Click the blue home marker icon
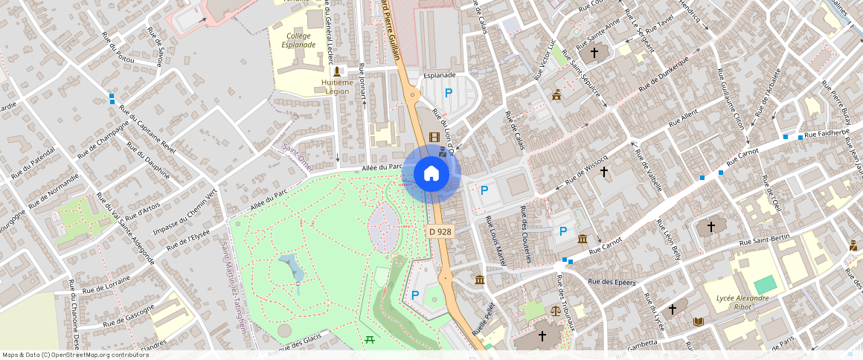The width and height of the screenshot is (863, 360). coord(431,174)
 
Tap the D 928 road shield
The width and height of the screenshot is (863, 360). coord(440,231)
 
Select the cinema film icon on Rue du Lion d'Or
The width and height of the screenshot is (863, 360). coord(434,137)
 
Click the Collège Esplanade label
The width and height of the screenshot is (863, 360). coord(298,40)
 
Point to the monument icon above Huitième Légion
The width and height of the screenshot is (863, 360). coord(337,71)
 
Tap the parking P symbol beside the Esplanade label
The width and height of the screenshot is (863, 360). coord(448,93)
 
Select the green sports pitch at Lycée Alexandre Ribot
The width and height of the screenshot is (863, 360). coord(763,285)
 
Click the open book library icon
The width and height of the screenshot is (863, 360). coord(697,322)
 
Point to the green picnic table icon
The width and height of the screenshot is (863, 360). coord(369,339)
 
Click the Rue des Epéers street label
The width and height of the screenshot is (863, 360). coord(612,282)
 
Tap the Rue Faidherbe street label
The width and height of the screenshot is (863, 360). coord(826,135)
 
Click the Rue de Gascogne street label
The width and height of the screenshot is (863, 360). coord(129,316)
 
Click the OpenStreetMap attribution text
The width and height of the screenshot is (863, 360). coord(75,355)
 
